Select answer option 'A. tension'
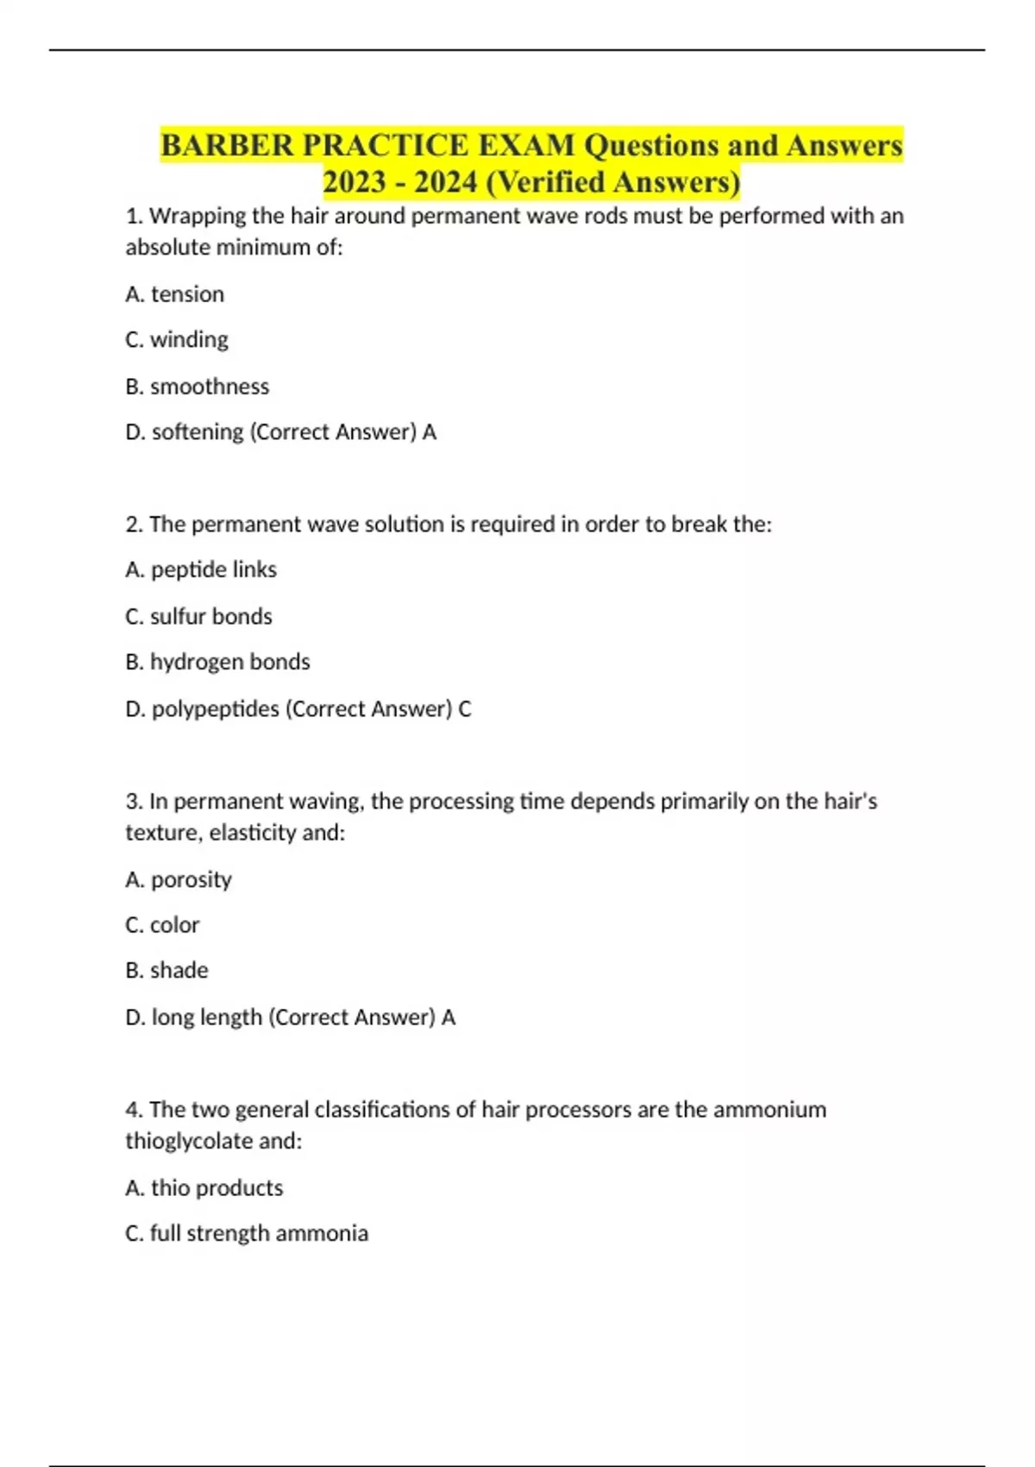click(175, 294)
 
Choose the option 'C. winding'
click(177, 340)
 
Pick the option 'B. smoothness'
click(198, 387)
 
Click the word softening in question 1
click(198, 431)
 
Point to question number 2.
click(134, 524)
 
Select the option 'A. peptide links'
click(201, 570)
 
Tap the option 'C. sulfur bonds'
click(198, 616)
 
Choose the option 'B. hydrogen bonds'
click(217, 662)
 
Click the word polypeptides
click(216, 708)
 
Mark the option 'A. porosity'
click(179, 879)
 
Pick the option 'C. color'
click(162, 925)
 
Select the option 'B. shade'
click(167, 971)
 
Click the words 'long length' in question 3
click(207, 1017)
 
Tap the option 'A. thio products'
click(204, 1188)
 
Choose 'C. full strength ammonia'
click(247, 1233)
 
